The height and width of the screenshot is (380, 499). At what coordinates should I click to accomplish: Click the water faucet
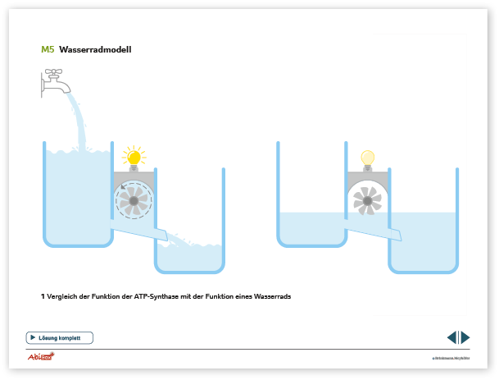(x=55, y=81)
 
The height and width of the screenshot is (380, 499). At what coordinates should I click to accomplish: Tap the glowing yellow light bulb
(x=132, y=156)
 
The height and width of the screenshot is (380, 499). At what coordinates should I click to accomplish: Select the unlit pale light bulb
(x=367, y=158)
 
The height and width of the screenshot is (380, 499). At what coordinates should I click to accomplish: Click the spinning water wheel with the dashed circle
(x=132, y=199)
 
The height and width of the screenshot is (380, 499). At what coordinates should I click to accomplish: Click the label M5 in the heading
(x=48, y=49)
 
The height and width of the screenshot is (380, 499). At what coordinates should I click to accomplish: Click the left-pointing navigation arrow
(x=451, y=337)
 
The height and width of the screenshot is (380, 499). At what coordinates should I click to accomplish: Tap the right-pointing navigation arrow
(x=465, y=337)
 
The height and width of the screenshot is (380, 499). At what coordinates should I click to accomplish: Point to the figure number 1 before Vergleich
(x=42, y=296)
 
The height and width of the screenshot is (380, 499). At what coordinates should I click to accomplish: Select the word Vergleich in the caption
(x=63, y=296)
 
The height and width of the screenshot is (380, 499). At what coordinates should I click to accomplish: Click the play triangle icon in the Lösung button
(x=33, y=337)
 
